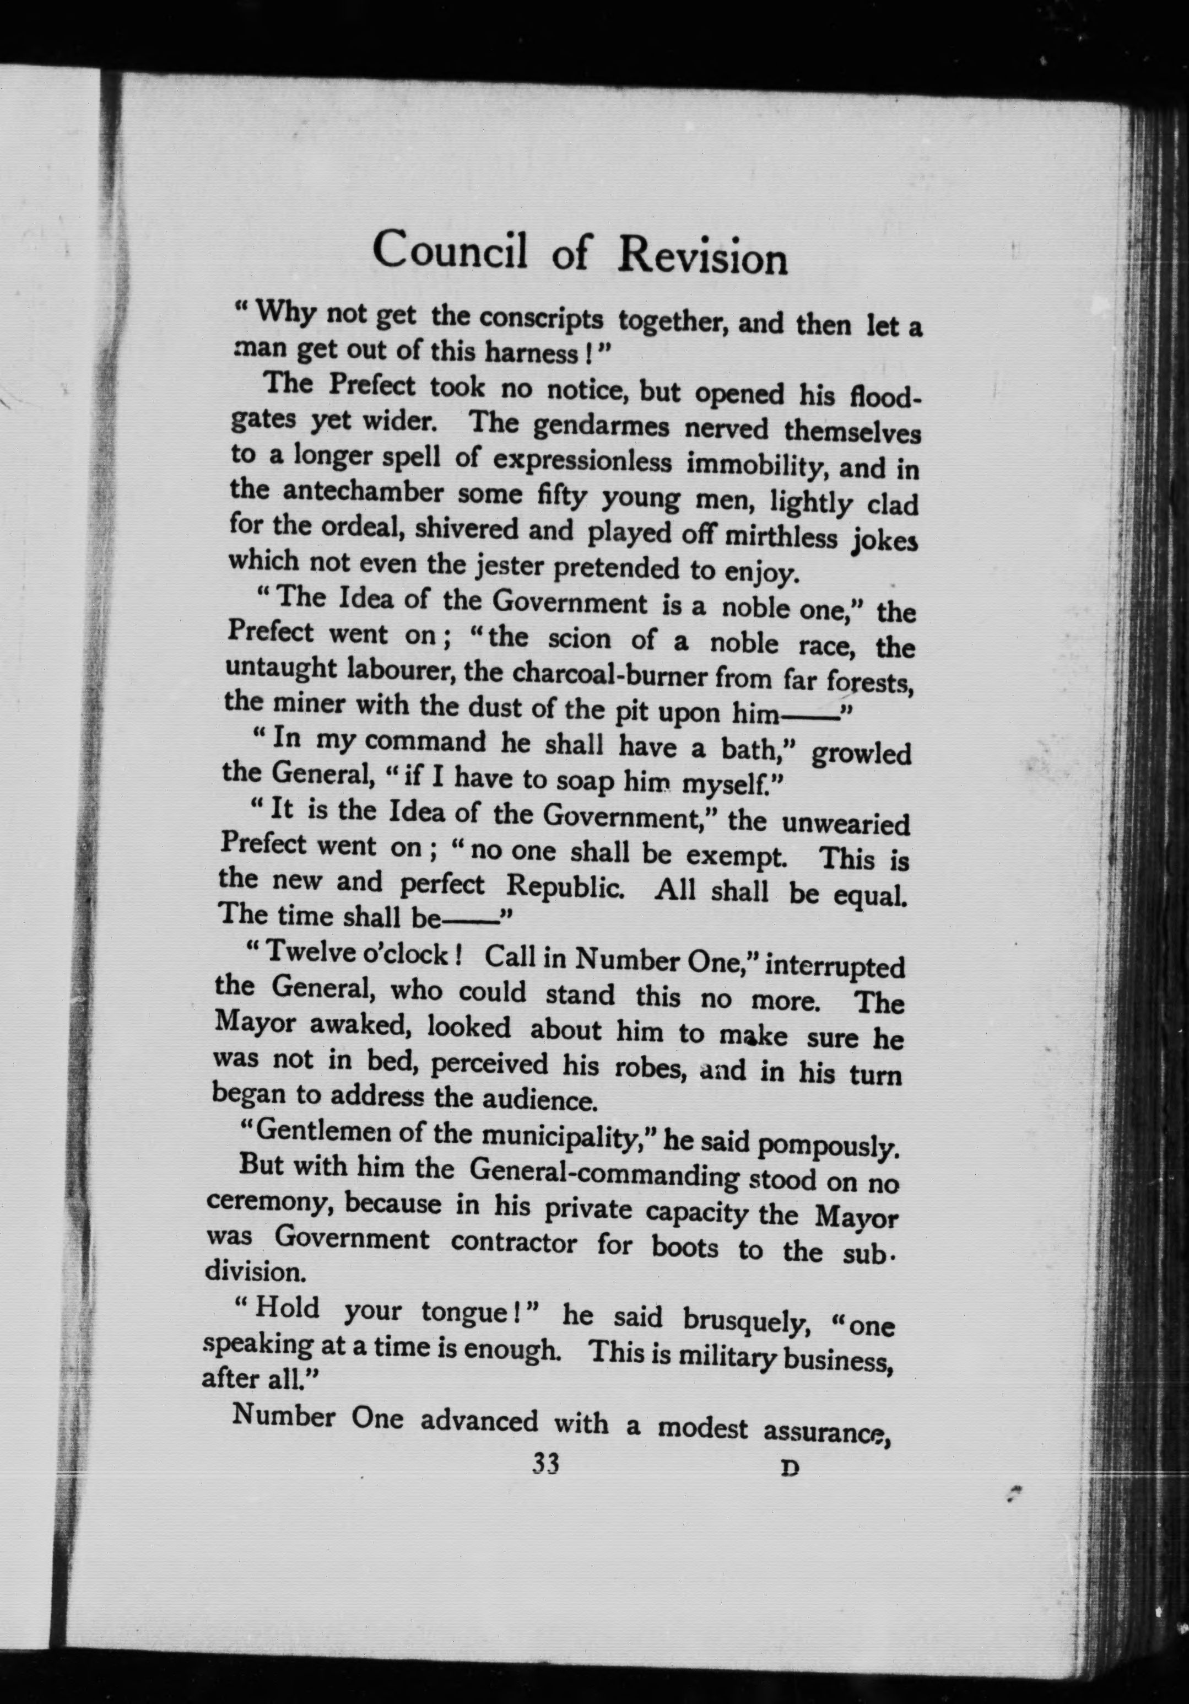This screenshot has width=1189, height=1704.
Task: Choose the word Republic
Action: tap(564, 886)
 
